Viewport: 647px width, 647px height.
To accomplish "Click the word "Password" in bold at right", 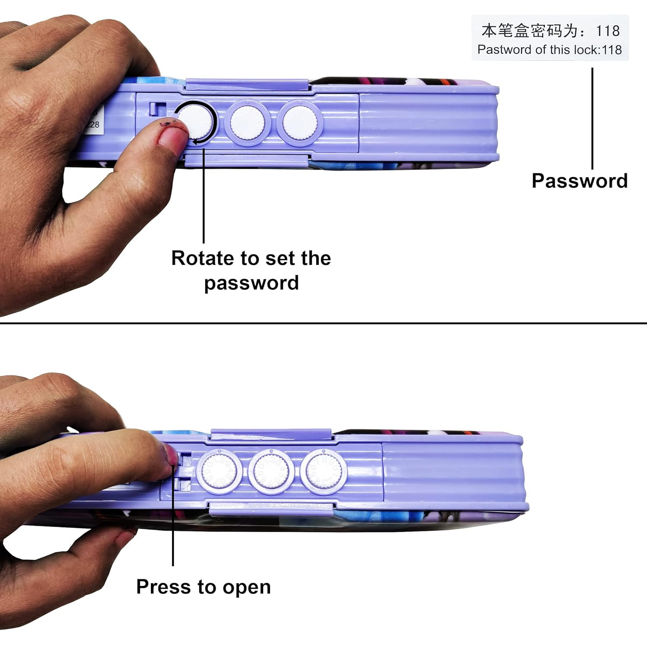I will point(579,181).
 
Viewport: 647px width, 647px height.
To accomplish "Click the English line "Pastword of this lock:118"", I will point(550,50).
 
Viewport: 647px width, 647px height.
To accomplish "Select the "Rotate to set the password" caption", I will point(251,270).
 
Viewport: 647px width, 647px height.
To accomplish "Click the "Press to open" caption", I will point(203,587).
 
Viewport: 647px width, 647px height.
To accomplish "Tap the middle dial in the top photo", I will point(247,122).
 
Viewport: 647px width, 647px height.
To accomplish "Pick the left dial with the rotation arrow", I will point(196,122).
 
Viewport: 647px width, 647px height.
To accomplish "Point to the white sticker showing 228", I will point(92,120).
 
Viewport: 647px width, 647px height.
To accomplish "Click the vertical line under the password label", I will point(592,119).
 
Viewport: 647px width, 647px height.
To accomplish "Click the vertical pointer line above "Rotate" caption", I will point(204,194).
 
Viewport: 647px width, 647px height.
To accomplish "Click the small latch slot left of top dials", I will point(154,108).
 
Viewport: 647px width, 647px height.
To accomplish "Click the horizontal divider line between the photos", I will point(323,323).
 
